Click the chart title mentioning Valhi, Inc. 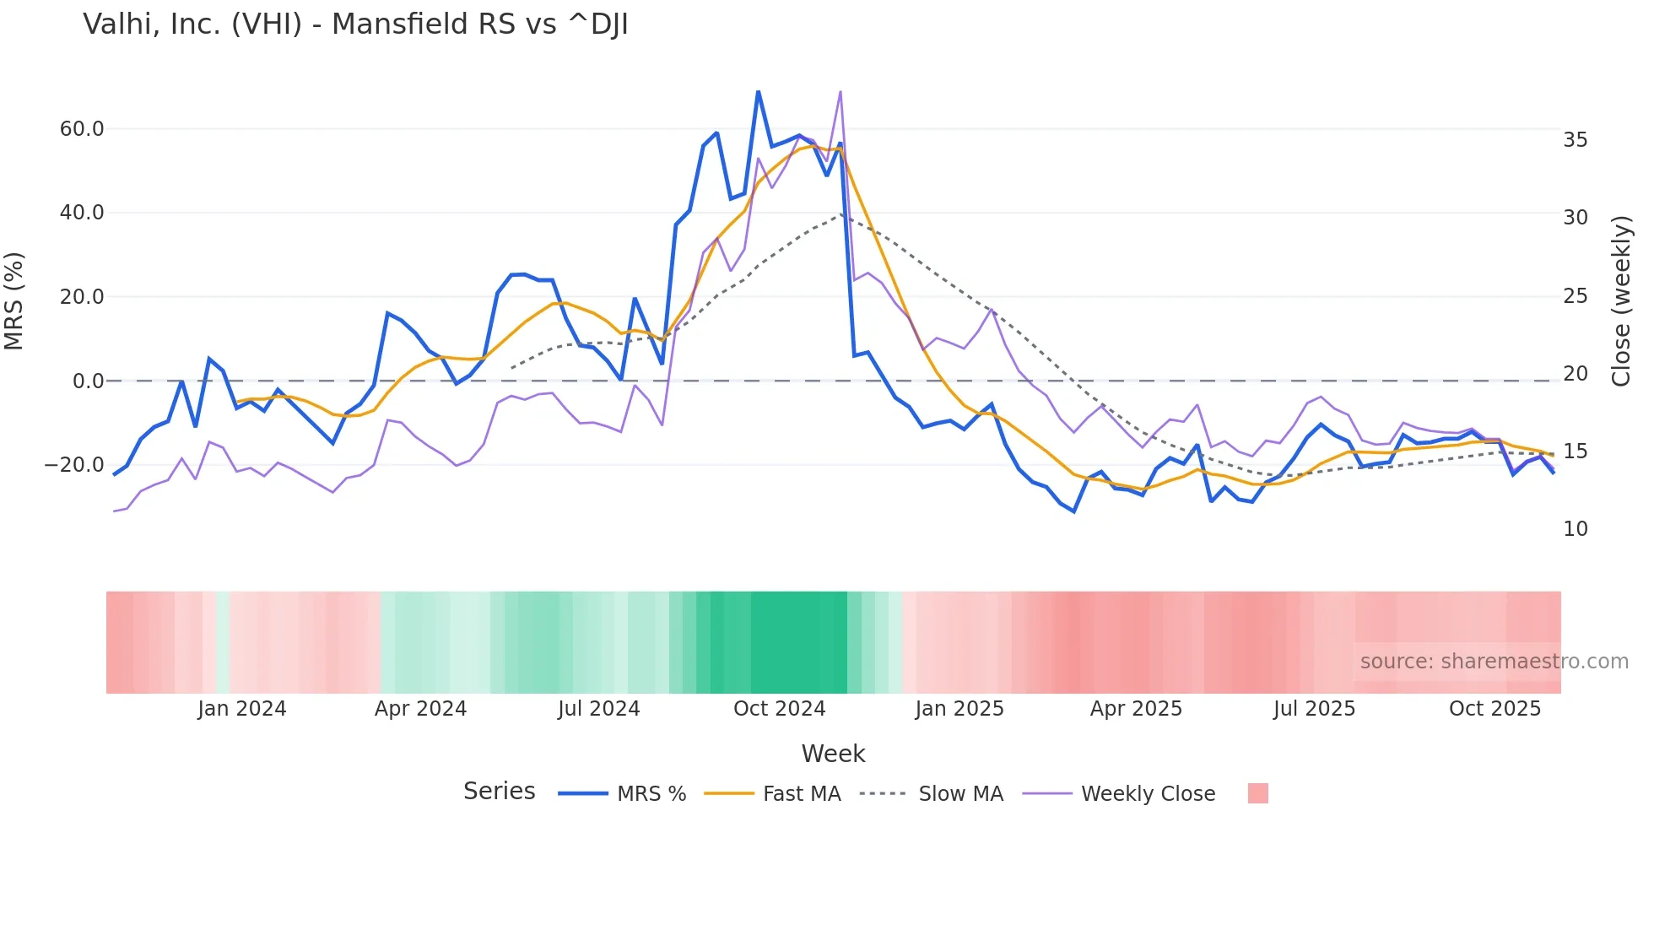tap(355, 24)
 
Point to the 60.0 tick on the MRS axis tap(82, 129)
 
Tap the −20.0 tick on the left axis tap(75, 465)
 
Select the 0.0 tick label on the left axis tap(89, 381)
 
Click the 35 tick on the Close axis tap(1575, 140)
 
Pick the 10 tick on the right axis tap(1575, 529)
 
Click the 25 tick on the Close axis tap(1575, 296)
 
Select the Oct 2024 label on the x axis tap(779, 709)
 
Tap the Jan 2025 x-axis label tap(959, 709)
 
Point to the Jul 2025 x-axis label tap(1314, 709)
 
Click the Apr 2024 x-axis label tap(420, 709)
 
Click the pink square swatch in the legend tap(1257, 793)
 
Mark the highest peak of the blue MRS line tap(758, 92)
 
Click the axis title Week tap(833, 754)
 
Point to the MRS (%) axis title tap(14, 301)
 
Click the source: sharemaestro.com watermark tap(1494, 662)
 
